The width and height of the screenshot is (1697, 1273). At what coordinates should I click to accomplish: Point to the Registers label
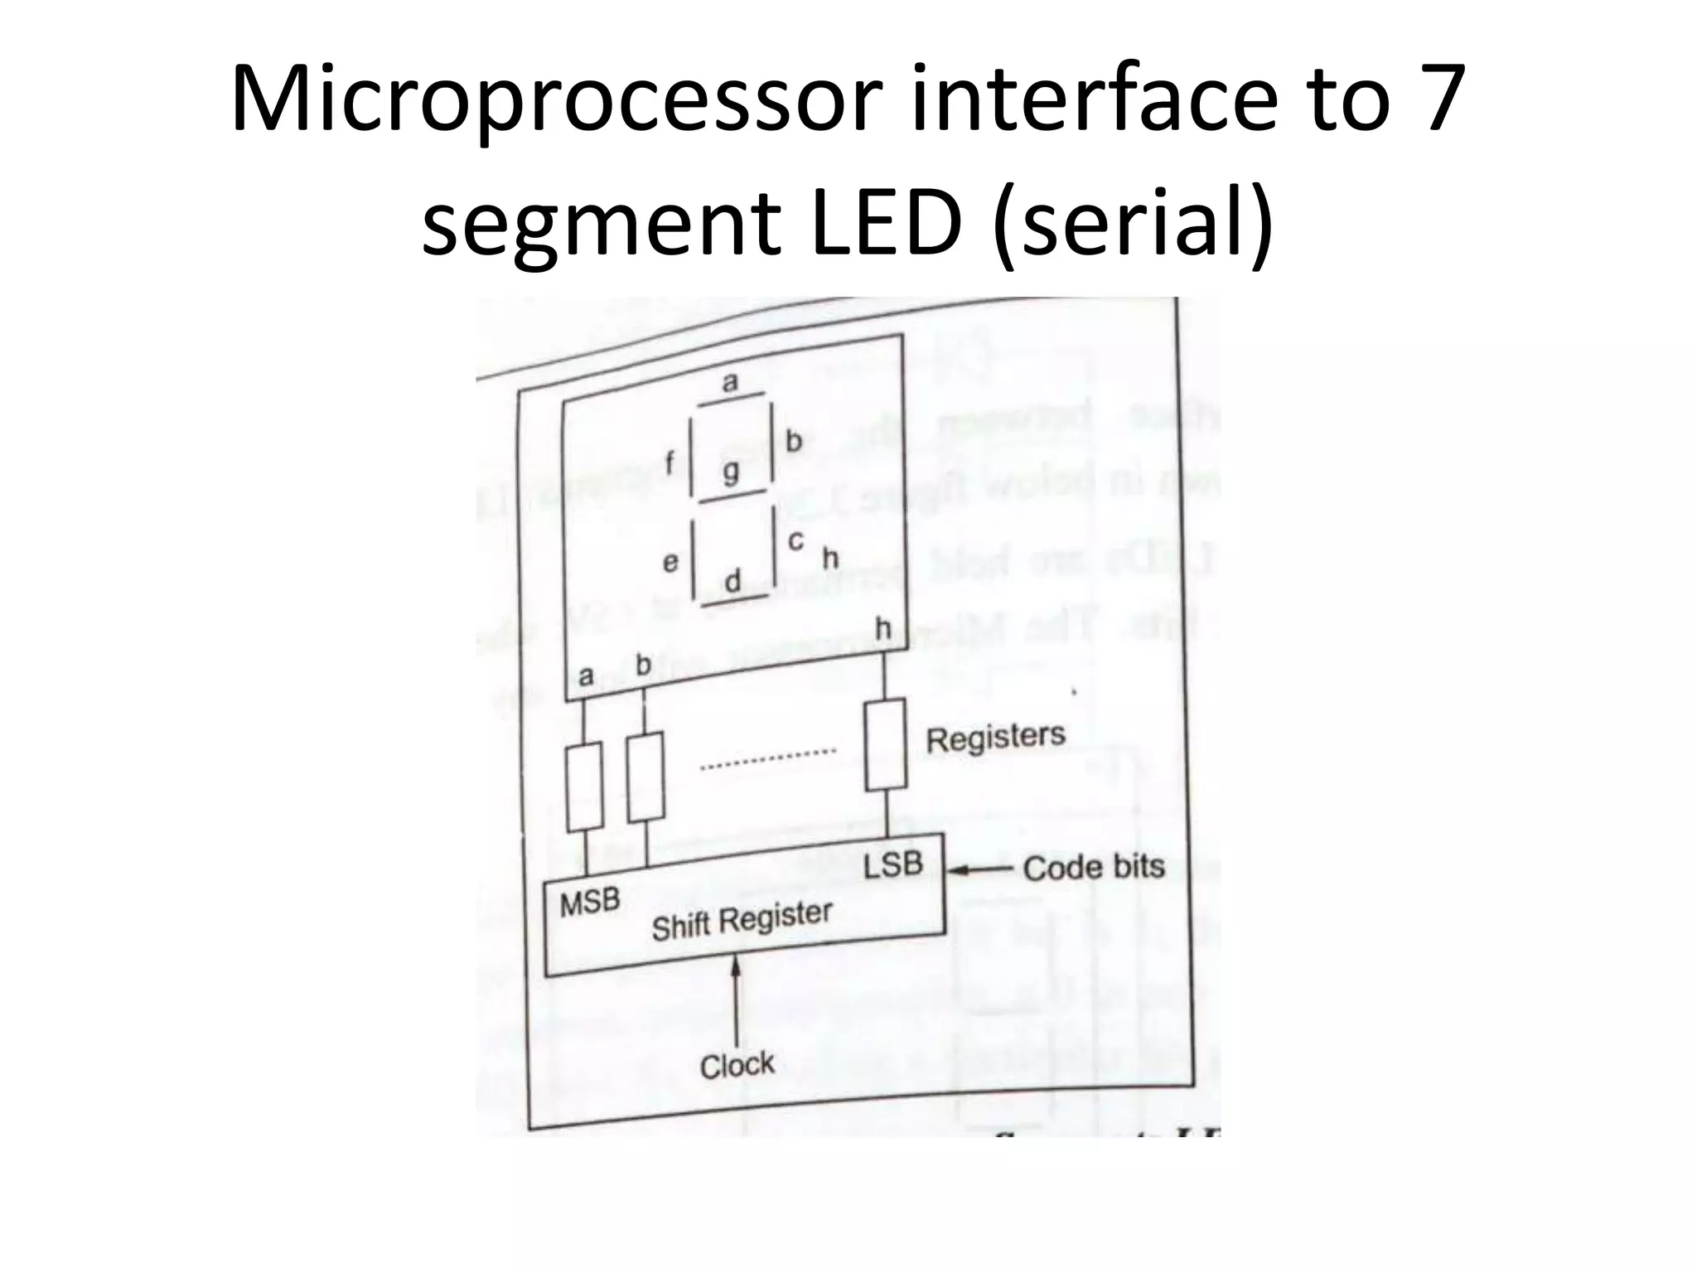(995, 737)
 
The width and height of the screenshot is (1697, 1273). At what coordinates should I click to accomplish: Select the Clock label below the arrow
(737, 1065)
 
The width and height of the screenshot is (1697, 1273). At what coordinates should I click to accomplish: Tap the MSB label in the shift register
(590, 903)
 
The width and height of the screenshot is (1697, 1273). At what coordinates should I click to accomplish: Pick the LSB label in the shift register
(892, 864)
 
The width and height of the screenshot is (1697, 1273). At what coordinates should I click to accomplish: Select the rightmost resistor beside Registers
(885, 745)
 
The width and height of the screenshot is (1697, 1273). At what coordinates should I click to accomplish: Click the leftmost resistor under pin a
(584, 787)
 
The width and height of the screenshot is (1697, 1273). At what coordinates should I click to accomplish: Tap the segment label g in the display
(731, 472)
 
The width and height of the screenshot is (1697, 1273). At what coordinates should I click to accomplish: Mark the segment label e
(670, 563)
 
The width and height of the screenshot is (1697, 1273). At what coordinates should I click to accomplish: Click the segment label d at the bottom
(732, 581)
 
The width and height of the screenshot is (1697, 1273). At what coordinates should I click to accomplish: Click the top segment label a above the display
(730, 382)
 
